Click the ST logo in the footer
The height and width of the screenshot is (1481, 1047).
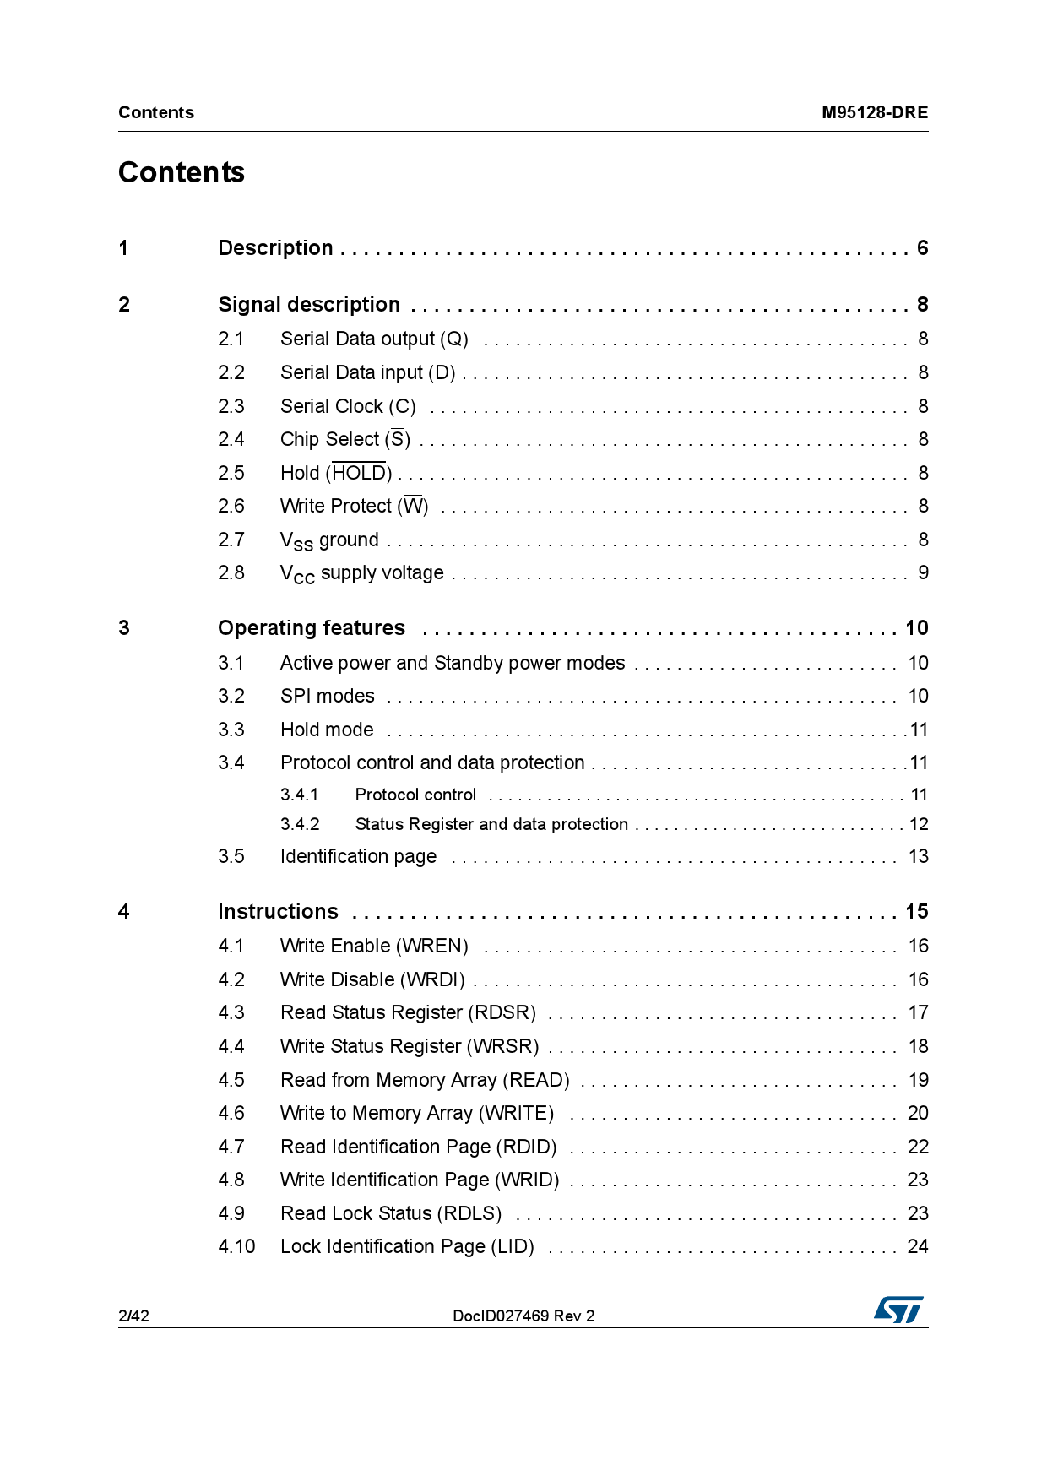click(x=898, y=1310)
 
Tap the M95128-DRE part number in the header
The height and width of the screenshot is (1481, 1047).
click(x=875, y=112)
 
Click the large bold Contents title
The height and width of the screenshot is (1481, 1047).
click(x=182, y=172)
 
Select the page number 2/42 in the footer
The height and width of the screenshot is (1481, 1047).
click(x=133, y=1316)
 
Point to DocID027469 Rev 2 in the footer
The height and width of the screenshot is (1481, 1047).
click(x=523, y=1316)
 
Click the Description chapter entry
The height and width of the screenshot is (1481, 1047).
click(x=275, y=248)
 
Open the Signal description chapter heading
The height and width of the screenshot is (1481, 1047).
click(x=309, y=305)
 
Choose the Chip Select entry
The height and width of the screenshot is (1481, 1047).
click(x=345, y=439)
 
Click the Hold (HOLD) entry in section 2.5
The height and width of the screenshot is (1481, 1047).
click(x=336, y=473)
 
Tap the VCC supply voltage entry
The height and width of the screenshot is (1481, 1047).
click(x=362, y=573)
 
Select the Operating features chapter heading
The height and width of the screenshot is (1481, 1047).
click(x=312, y=628)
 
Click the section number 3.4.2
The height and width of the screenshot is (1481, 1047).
click(x=300, y=824)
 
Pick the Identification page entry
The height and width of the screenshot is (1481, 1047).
click(x=358, y=856)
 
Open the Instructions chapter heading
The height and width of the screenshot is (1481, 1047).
click(x=278, y=912)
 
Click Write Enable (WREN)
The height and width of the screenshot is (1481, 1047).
click(x=374, y=946)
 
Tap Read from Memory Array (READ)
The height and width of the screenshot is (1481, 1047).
click(x=425, y=1080)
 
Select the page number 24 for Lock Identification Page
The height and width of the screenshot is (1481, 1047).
click(x=918, y=1246)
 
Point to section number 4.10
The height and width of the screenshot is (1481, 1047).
click(x=236, y=1246)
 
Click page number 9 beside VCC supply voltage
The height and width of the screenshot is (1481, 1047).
click(x=923, y=573)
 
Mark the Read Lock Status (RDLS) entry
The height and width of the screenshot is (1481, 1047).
click(x=391, y=1213)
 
